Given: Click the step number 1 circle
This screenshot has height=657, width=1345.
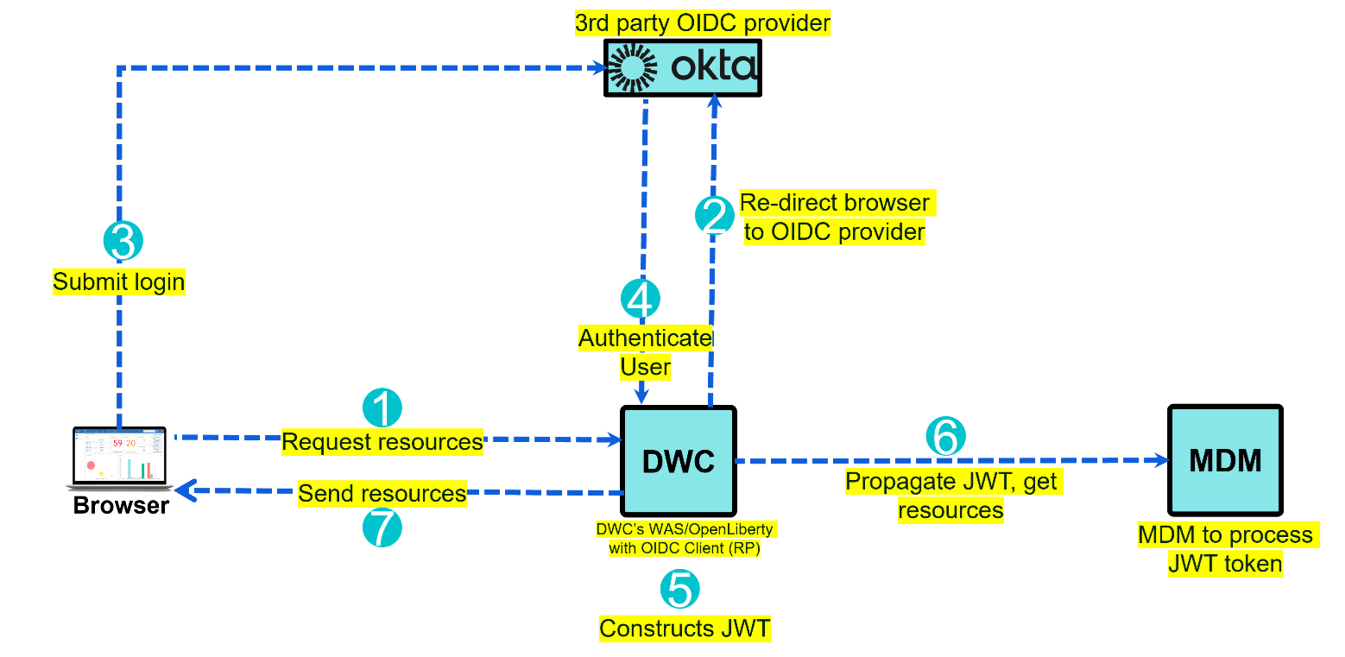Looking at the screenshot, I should [x=382, y=407].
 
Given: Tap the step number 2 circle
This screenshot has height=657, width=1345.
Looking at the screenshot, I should [x=715, y=216].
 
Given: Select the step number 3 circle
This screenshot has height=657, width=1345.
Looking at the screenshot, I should [x=123, y=242].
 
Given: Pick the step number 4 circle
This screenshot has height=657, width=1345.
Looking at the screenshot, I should [x=641, y=300].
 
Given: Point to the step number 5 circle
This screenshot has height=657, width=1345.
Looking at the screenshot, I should [x=680, y=590].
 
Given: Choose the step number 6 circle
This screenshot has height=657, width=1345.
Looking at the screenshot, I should [x=945, y=437].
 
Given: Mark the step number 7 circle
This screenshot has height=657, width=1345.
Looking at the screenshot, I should [x=382, y=527].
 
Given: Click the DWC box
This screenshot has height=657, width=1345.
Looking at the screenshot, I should [x=679, y=461].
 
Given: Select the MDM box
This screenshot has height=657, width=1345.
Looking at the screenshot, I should [x=1225, y=461].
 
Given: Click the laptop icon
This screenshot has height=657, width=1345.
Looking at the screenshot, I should [x=119, y=458].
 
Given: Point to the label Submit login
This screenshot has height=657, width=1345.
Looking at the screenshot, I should [x=119, y=282].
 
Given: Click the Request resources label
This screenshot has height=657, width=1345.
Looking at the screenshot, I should [x=382, y=442].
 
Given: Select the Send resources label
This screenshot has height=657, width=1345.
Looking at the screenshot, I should [x=382, y=494].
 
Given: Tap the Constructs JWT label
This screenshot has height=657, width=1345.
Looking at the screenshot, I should [x=685, y=628].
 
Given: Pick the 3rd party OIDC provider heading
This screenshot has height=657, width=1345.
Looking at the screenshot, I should [x=704, y=23].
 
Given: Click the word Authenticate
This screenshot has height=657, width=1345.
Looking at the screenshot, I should [x=646, y=338].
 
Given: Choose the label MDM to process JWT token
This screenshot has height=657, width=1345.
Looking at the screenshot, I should [x=1226, y=549].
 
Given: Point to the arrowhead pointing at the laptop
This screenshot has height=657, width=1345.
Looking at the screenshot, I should [x=183, y=491].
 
